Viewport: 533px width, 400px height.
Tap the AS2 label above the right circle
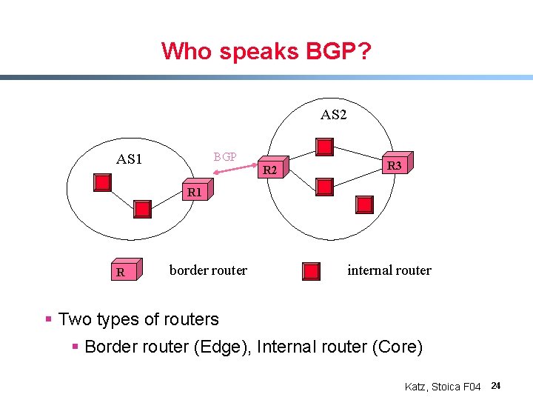click(x=333, y=115)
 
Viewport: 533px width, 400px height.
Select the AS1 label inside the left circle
click(x=130, y=159)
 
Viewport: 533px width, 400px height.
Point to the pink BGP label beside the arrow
click(x=225, y=157)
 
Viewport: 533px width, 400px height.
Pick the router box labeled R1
click(x=195, y=191)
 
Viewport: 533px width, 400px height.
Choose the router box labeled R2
click(x=271, y=171)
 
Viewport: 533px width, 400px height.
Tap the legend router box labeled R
click(x=121, y=272)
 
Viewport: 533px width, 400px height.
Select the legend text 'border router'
click(x=208, y=270)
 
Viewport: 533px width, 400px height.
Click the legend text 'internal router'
click(x=389, y=270)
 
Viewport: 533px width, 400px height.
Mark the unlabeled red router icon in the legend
click(x=313, y=272)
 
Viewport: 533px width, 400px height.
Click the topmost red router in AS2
click(x=324, y=147)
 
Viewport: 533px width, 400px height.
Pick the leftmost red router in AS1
click(x=102, y=181)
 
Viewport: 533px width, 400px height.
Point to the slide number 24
click(x=496, y=386)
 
